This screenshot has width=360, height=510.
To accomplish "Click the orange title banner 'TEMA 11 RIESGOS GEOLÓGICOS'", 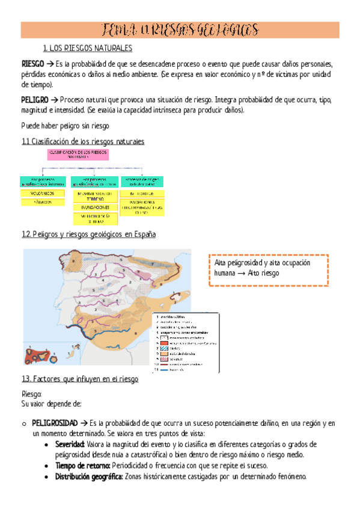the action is [x=180, y=30].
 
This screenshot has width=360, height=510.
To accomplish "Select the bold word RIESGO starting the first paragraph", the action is [x=32, y=64].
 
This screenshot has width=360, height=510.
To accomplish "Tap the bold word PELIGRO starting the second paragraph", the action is [x=34, y=99].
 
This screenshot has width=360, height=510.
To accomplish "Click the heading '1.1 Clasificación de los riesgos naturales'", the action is [x=83, y=141].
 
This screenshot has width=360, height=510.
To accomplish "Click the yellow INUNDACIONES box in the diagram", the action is [x=94, y=207].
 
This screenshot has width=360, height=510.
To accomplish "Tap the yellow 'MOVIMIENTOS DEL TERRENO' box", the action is [x=94, y=196].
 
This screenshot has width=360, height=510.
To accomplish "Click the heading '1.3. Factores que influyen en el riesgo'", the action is [x=80, y=379].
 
